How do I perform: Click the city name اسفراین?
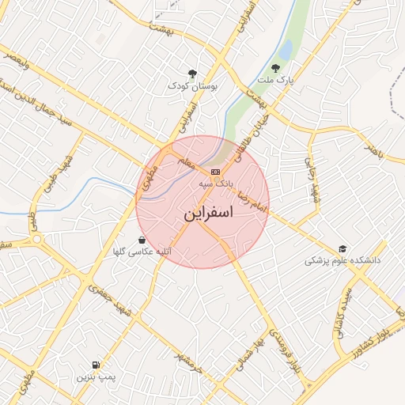209,214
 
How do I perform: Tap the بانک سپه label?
240,182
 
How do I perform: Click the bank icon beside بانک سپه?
215,172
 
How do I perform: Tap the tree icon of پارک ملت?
275,68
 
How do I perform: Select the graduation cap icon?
343,248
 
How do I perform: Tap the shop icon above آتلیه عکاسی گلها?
142,240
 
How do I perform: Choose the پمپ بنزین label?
96,377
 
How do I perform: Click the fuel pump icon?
96,365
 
